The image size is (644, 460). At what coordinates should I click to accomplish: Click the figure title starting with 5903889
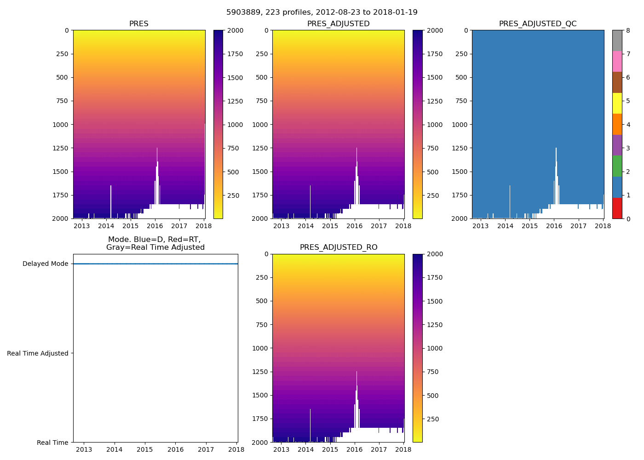(x=322, y=12)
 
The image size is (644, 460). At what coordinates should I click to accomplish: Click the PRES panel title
(x=138, y=24)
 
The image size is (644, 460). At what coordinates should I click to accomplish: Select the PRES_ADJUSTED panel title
(x=338, y=24)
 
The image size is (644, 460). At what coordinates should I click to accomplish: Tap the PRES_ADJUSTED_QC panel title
(x=538, y=24)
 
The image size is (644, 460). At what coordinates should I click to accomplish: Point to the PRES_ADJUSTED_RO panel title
(x=338, y=247)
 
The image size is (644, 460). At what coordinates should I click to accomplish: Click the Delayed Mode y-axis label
(x=45, y=264)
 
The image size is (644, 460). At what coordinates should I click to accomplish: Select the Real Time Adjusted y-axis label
(x=37, y=353)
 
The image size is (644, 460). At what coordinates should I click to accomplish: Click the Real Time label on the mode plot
(x=52, y=443)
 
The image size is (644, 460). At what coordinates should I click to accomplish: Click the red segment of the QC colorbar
(x=617, y=208)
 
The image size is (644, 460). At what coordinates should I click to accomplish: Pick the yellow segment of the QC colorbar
(x=617, y=103)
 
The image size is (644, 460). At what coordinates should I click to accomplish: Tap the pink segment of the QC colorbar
(x=617, y=61)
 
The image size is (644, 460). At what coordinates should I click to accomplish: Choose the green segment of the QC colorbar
(x=617, y=166)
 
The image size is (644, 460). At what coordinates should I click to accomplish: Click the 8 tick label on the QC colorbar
(x=628, y=30)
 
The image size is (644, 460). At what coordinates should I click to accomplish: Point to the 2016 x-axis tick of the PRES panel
(x=155, y=226)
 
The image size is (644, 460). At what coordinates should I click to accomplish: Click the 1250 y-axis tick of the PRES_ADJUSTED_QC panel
(x=460, y=148)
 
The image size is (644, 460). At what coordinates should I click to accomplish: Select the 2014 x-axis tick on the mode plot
(x=114, y=450)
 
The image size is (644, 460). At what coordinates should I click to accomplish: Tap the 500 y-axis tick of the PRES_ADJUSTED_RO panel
(x=261, y=301)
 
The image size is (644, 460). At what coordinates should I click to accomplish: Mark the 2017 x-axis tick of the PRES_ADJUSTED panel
(x=379, y=226)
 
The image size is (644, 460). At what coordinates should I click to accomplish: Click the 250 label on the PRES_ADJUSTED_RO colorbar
(x=432, y=419)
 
